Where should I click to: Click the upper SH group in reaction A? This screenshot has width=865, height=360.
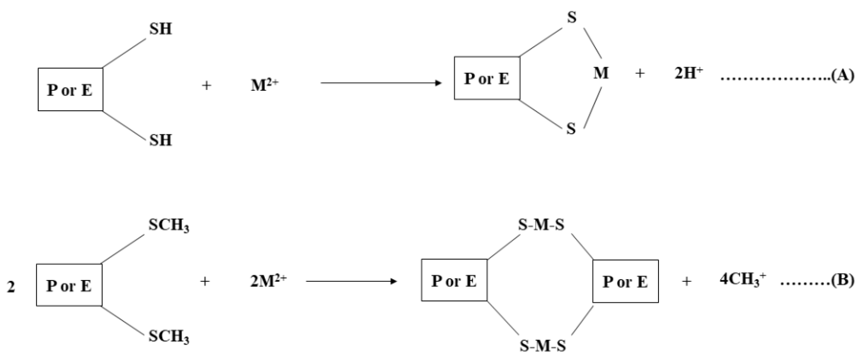[x=160, y=29]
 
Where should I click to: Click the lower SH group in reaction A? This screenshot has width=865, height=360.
[x=160, y=140]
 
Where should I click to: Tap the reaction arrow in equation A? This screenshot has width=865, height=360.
[x=381, y=83]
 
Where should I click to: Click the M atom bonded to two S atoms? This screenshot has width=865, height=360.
[x=601, y=73]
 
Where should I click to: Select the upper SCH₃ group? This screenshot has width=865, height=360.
[x=168, y=226]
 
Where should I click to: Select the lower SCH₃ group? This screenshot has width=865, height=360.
[x=168, y=337]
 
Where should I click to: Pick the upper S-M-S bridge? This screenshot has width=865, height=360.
[x=541, y=225]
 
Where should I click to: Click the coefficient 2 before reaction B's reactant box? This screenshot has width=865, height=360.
[x=11, y=287]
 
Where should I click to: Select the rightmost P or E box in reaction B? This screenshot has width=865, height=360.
[x=625, y=282]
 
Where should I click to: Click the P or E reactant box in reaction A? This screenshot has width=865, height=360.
[x=70, y=90]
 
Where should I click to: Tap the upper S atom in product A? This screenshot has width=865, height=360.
[x=571, y=18]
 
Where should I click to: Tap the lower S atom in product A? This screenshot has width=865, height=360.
[x=571, y=129]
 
